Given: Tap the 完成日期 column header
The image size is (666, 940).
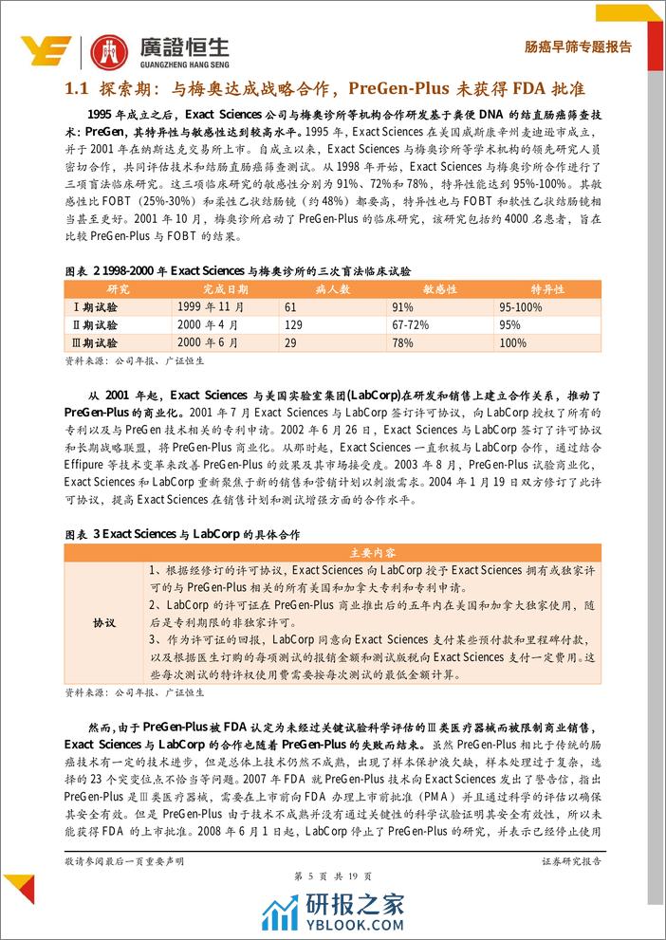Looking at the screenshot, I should [225, 288].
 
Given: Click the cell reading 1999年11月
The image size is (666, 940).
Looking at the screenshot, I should [211, 306].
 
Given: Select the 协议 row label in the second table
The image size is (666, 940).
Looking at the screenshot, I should [104, 622].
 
